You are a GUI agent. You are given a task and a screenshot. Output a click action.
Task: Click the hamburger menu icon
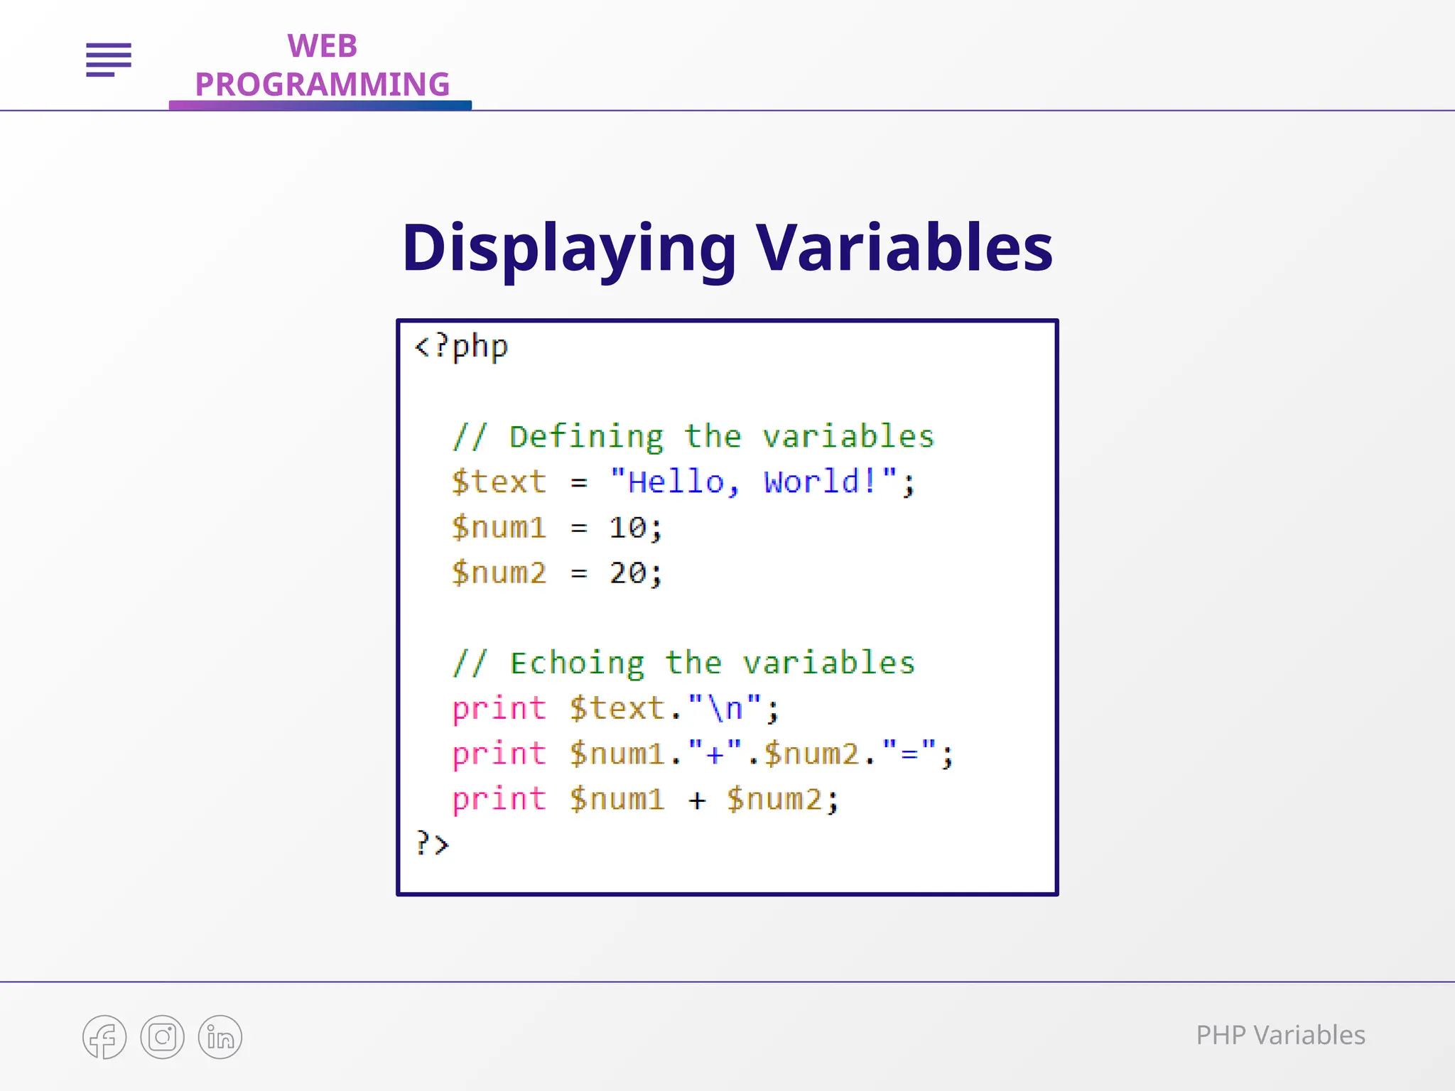pyautogui.click(x=109, y=59)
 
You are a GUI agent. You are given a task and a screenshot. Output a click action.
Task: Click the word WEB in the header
pyautogui.click(x=322, y=47)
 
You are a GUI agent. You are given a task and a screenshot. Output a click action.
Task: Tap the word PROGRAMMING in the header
pyautogui.click(x=322, y=85)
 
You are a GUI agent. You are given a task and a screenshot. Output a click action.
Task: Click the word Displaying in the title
pyautogui.click(x=569, y=249)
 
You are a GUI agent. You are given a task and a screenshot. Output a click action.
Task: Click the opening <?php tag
pyautogui.click(x=461, y=347)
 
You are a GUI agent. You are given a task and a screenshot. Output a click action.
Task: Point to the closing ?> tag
pyautogui.click(x=432, y=844)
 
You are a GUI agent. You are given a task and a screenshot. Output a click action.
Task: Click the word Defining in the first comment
pyautogui.click(x=586, y=437)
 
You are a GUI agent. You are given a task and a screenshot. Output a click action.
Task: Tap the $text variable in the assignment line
pyautogui.click(x=499, y=482)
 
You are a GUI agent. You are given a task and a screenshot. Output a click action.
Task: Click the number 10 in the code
pyautogui.click(x=627, y=528)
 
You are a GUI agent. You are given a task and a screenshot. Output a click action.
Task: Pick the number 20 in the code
pyautogui.click(x=627, y=573)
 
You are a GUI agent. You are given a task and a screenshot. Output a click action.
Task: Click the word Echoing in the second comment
pyautogui.click(x=577, y=663)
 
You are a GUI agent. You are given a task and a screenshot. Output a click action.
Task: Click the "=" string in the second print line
pyautogui.click(x=909, y=754)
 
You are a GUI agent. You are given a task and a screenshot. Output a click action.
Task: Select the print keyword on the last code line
pyautogui.click(x=499, y=799)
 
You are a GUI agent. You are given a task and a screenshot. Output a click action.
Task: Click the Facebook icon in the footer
pyautogui.click(x=104, y=1037)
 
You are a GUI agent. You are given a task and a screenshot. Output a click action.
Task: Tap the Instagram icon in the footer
pyautogui.click(x=162, y=1037)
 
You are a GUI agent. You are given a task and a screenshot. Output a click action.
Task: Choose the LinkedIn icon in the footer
pyautogui.click(x=220, y=1037)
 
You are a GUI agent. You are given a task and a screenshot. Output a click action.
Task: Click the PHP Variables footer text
pyautogui.click(x=1280, y=1036)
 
